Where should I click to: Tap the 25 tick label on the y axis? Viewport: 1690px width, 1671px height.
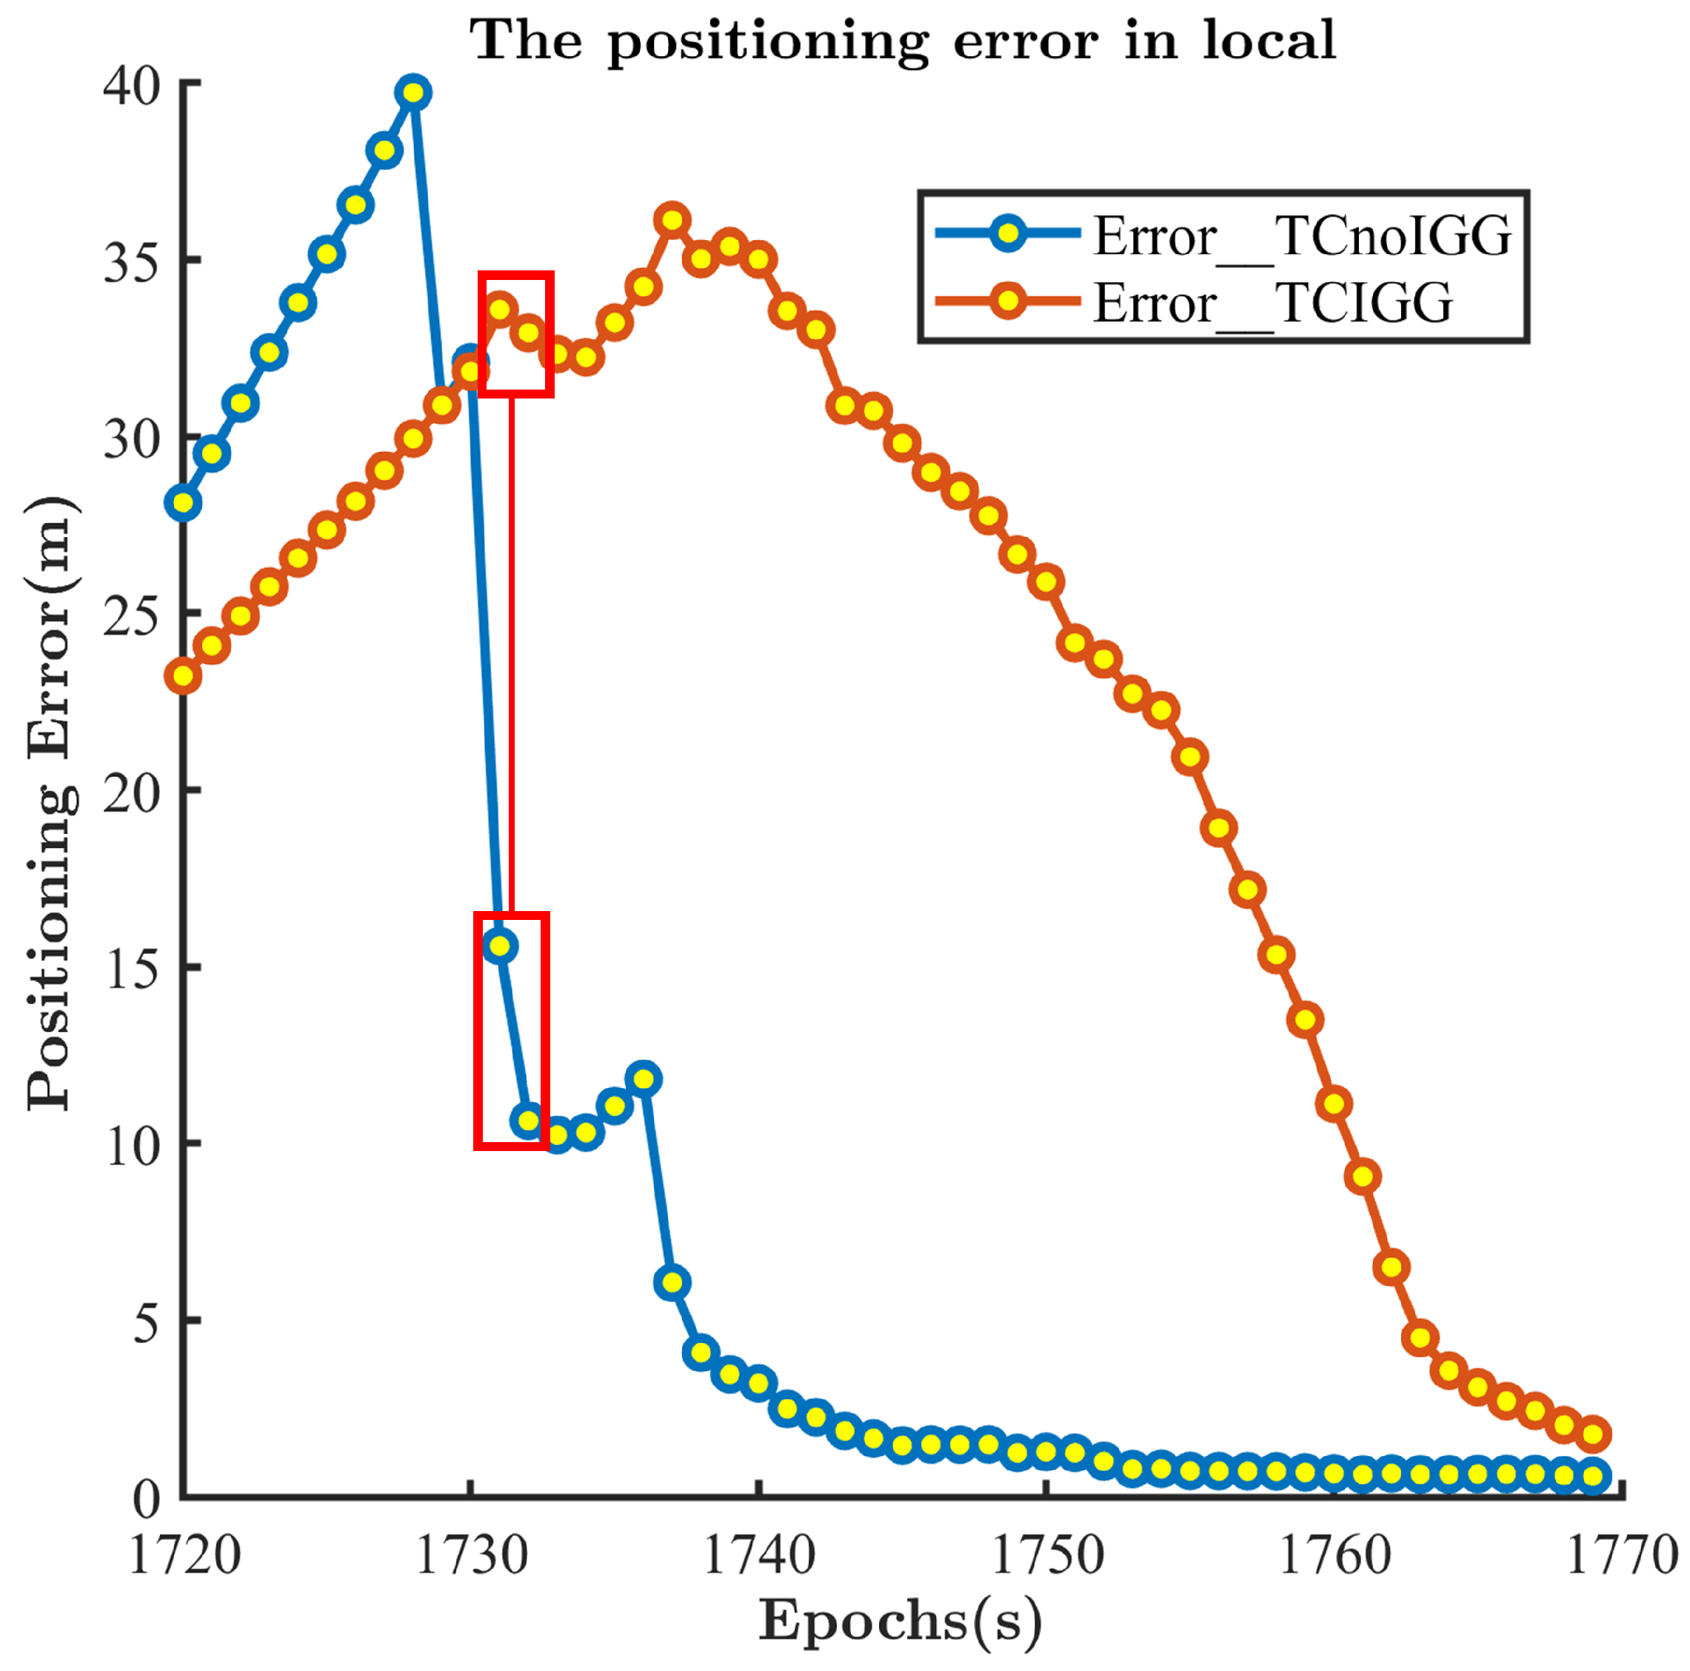click(x=131, y=616)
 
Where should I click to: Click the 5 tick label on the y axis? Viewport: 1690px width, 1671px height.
click(x=145, y=1323)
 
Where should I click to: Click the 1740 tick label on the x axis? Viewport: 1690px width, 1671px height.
click(x=758, y=1556)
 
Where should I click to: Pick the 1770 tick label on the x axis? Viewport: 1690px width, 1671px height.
click(x=1620, y=1556)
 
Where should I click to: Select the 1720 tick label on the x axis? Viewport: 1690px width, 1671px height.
click(x=184, y=1556)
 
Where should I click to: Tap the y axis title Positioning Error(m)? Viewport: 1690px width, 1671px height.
click(x=51, y=803)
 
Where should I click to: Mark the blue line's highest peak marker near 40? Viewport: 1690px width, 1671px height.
click(x=414, y=92)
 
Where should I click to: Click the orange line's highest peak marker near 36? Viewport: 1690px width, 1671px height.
click(x=672, y=219)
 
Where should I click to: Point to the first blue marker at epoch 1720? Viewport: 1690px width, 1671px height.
click(x=184, y=502)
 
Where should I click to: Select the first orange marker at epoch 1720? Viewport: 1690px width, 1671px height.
click(x=184, y=676)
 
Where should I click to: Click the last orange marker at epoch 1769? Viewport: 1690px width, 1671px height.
click(x=1593, y=1435)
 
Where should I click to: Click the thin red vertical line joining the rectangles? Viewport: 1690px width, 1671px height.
click(x=512, y=656)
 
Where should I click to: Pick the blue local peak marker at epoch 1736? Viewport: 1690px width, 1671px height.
click(x=644, y=1078)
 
